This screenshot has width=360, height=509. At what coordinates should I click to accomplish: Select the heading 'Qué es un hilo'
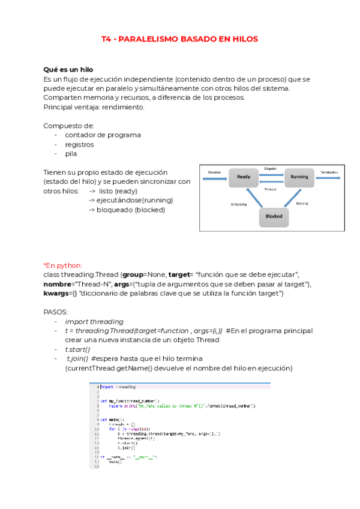[x=68, y=70]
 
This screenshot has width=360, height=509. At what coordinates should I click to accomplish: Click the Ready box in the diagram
[x=244, y=176]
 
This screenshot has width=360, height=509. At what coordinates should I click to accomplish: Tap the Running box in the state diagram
[x=299, y=176]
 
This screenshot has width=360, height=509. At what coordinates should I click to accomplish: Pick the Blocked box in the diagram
[x=274, y=216]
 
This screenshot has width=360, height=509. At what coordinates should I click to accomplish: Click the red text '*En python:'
[x=63, y=265]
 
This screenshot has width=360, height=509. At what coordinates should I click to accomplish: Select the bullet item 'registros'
[x=79, y=145]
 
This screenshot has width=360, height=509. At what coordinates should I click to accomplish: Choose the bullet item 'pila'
[x=71, y=154]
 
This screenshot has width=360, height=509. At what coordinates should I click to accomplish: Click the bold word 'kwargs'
[x=56, y=294]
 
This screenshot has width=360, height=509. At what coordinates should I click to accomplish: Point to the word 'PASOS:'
[x=56, y=312]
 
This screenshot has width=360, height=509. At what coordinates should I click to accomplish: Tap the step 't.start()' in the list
[x=77, y=349]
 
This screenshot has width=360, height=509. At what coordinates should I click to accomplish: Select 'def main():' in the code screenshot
[x=112, y=420]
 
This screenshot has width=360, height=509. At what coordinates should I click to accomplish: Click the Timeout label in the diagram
[x=271, y=188]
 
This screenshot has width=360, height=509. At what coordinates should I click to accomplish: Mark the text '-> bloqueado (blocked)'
[x=127, y=209]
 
